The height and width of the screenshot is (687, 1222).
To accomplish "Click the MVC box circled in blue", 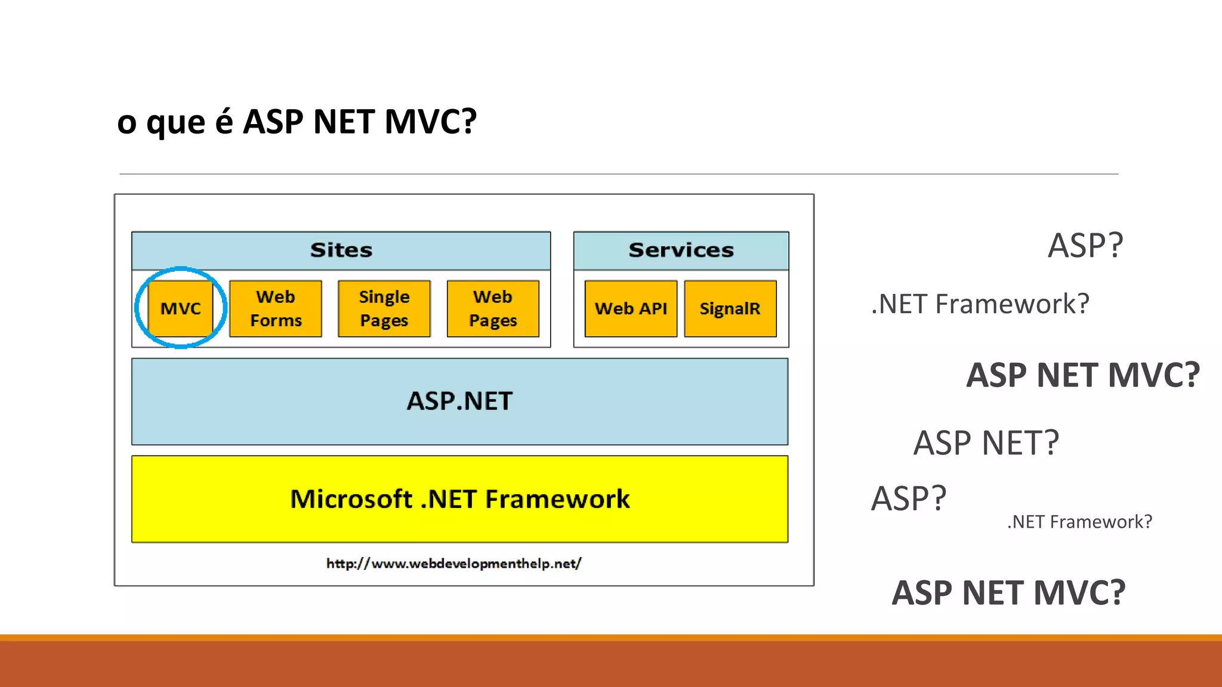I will (x=180, y=308).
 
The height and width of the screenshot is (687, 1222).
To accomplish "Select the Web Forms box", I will (x=276, y=308).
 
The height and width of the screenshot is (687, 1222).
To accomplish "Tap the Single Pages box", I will (x=384, y=308).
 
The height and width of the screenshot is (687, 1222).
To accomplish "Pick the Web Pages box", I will (x=493, y=308).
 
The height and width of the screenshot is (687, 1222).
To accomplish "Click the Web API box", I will (x=631, y=308).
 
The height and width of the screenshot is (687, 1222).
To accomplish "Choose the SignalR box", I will (x=730, y=308).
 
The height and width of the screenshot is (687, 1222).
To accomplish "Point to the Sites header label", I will (x=341, y=250).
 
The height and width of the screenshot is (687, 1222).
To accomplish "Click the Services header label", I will (x=681, y=250).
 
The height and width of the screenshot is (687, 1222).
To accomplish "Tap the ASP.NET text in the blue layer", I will (x=459, y=401).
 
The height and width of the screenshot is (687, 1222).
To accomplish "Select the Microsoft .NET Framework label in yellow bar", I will (x=459, y=499).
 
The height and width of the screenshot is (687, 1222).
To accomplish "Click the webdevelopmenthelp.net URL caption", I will (x=453, y=564).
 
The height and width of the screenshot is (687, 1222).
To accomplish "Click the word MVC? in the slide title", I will (x=430, y=122).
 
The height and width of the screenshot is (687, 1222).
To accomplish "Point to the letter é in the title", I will (x=224, y=122).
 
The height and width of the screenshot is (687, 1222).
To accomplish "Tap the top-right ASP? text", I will (x=1085, y=245).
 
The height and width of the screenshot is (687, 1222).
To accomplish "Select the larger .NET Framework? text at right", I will (x=980, y=304).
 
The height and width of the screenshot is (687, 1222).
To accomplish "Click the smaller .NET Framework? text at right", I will (x=1079, y=522).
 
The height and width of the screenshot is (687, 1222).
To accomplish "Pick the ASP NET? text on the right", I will (x=986, y=442).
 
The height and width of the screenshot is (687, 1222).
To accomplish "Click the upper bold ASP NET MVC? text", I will (x=1082, y=375).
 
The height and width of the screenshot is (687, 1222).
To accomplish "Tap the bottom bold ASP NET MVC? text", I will (x=1008, y=593).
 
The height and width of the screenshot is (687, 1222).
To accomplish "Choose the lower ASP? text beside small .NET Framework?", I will (x=908, y=499).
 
